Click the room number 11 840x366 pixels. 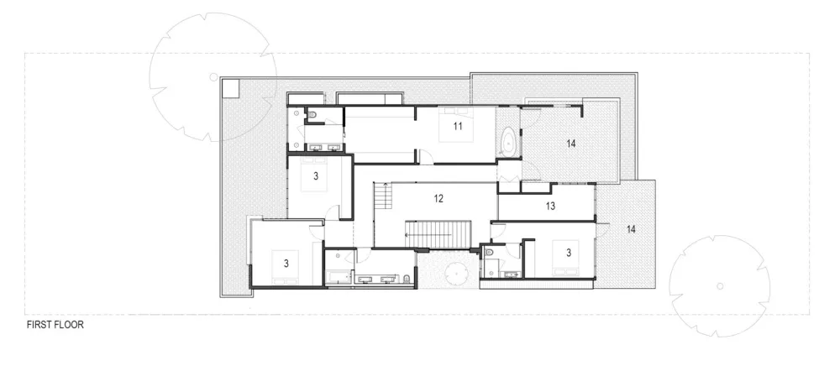(458, 127)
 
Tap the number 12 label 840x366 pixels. (438, 199)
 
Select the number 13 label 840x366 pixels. (550, 206)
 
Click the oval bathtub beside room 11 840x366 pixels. (508, 143)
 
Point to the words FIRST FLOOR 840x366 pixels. (55, 324)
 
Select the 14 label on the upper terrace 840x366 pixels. (570, 144)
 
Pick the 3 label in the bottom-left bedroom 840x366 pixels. (286, 263)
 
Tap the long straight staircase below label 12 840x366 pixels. (440, 234)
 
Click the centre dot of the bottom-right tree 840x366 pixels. (720, 285)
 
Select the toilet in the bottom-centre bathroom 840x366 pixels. (407, 279)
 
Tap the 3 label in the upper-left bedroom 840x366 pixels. (315, 176)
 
